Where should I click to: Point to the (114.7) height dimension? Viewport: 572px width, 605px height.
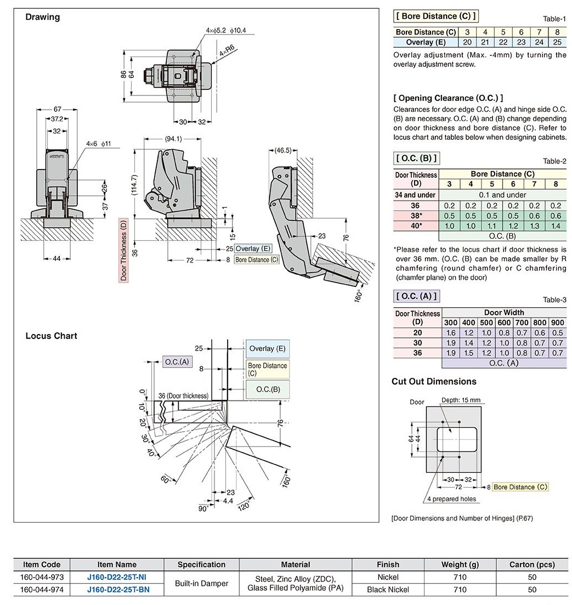coord(134,183)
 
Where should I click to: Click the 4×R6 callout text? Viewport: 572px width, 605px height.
coord(227,50)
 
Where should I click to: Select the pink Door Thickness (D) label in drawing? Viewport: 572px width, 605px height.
coord(123,250)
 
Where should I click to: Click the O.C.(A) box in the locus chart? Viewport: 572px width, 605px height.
coord(177,362)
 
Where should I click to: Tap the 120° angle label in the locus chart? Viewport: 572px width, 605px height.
coord(245,505)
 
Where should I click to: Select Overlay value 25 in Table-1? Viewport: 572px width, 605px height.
coord(557,42)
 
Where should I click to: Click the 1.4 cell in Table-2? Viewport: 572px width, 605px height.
coord(556,225)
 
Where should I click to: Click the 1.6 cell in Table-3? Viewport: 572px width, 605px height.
coord(451,333)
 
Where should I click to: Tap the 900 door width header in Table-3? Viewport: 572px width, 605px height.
coord(557,323)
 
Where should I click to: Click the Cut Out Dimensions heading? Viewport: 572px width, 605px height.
coord(434,381)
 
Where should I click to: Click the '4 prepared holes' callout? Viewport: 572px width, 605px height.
coord(451,499)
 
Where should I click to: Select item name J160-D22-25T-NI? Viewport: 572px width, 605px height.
coord(117,577)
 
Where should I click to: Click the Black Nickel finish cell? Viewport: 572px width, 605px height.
coord(388,590)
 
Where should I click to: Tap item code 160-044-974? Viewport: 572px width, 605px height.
coord(42,590)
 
